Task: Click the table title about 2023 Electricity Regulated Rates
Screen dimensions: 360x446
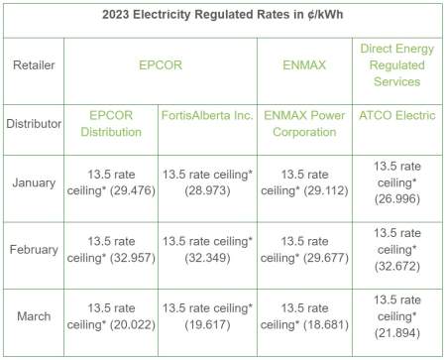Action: [223, 18]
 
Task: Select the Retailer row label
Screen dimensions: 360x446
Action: [34, 70]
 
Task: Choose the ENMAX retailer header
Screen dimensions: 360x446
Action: [303, 70]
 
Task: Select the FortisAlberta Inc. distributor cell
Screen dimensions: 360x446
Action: [207, 116]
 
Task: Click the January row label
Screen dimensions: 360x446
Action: [34, 182]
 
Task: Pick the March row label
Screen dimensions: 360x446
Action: [34, 316]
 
